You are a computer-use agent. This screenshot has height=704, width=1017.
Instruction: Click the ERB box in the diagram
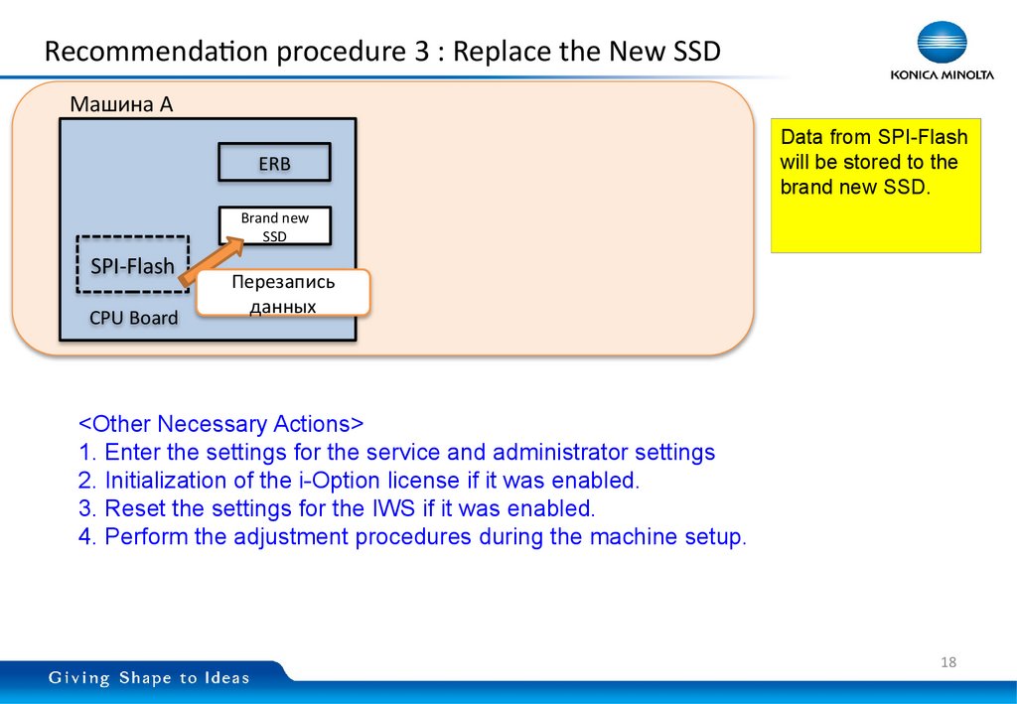coord(274,164)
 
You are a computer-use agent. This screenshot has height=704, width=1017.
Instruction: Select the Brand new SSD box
coord(274,226)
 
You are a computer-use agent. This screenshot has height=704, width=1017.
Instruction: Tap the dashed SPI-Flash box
coord(132,265)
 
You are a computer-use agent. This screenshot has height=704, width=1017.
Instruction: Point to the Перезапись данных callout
coord(283,294)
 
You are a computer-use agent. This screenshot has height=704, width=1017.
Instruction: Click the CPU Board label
coord(133,319)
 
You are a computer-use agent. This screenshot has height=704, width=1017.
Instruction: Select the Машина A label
coord(121,104)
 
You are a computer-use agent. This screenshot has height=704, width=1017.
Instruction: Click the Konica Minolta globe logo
coord(943,45)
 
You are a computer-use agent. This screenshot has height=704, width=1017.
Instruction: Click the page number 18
coord(947,662)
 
